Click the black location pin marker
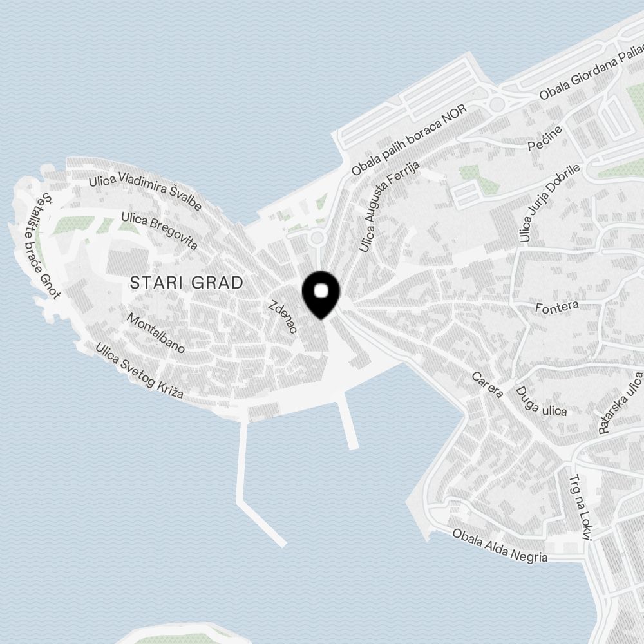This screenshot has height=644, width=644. [x=321, y=294]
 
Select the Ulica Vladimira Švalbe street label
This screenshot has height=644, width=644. [x=146, y=193]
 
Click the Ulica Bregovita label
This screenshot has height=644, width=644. [x=158, y=230]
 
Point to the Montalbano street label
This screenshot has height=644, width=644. [x=156, y=333]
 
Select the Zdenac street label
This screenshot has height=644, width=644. [x=283, y=316]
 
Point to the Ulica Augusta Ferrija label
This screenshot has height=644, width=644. [x=390, y=205]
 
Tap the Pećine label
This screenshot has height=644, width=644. [x=545, y=138]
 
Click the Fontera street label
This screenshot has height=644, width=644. [x=557, y=307]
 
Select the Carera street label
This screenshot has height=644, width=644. [x=487, y=384]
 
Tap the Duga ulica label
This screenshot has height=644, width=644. [x=541, y=401]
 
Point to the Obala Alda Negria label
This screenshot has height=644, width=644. [x=500, y=545]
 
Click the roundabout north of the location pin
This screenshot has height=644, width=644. [x=316, y=238]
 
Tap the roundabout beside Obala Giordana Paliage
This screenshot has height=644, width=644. [x=497, y=103]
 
